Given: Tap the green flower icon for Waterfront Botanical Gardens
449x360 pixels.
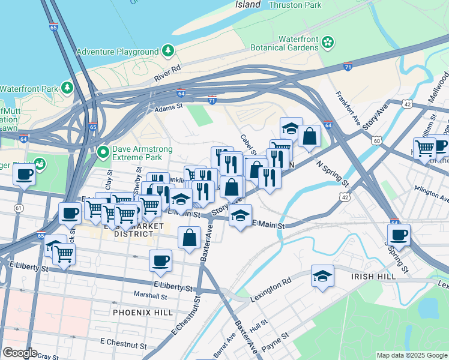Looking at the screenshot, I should (328, 42).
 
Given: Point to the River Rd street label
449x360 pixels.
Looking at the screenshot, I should (167, 73).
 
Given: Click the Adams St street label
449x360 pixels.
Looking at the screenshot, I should (168, 107).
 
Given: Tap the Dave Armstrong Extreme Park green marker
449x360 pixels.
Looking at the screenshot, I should (103, 153).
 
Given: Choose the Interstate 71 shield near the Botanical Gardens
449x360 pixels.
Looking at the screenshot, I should (348, 67).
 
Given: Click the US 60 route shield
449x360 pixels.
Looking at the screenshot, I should (376, 140).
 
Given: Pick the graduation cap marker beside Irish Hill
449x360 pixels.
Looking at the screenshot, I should (322, 276).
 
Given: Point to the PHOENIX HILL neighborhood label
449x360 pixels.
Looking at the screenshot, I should (143, 313).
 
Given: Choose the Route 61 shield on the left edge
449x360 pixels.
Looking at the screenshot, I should (19, 208).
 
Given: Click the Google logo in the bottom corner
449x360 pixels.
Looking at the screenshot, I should (19, 353).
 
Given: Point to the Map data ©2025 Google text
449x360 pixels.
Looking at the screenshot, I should (412, 355).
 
